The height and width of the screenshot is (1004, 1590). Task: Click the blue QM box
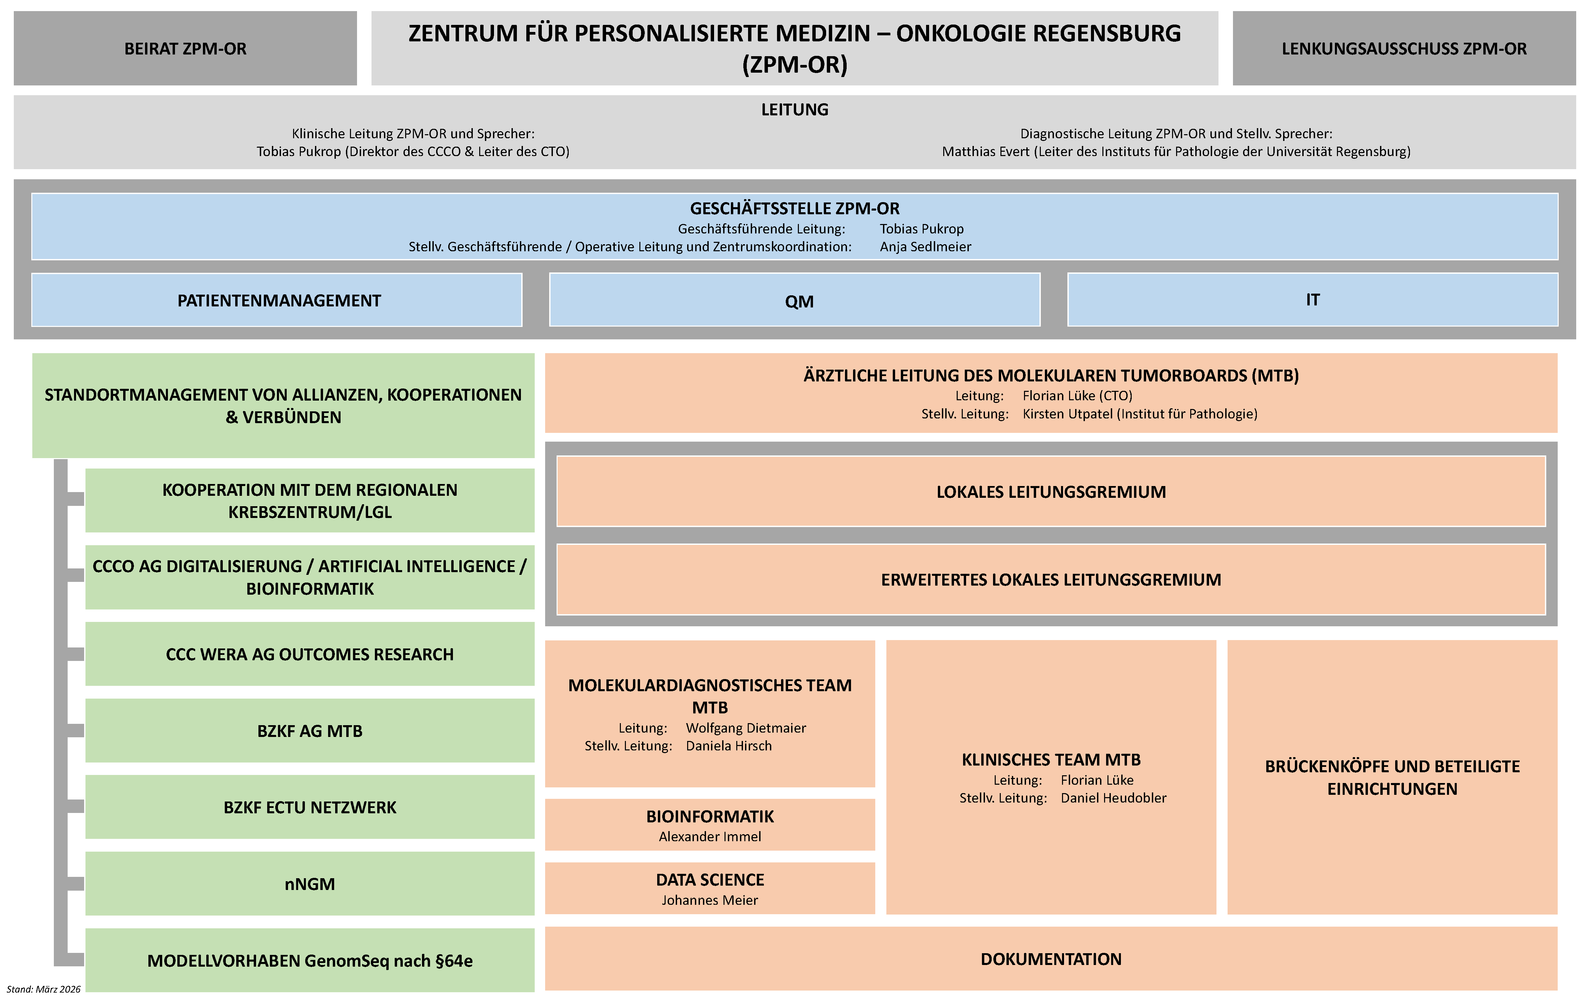pyautogui.click(x=795, y=300)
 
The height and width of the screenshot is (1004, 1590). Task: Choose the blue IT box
pyautogui.click(x=1313, y=300)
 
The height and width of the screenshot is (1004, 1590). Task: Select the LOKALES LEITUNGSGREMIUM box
pyautogui.click(x=1051, y=491)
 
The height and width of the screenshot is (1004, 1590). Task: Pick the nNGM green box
pyautogui.click(x=310, y=883)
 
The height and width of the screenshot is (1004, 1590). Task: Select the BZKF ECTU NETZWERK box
pyautogui.click(x=310, y=807)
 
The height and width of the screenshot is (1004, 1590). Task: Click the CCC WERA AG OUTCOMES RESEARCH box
pyautogui.click(x=310, y=654)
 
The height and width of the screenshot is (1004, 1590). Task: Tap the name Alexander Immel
pyautogui.click(x=710, y=836)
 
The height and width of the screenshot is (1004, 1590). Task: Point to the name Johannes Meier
pyautogui.click(x=710, y=900)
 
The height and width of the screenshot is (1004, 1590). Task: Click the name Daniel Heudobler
pyautogui.click(x=1113, y=797)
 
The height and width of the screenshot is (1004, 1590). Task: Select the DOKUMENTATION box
pyautogui.click(x=1051, y=959)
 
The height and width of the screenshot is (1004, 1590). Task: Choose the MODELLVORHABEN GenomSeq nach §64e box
pyautogui.click(x=310, y=960)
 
